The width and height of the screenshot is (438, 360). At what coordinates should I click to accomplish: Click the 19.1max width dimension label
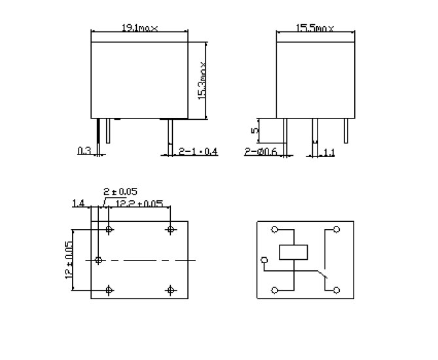coord(139,28)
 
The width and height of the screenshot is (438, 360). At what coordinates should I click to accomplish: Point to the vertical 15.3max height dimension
coord(203,81)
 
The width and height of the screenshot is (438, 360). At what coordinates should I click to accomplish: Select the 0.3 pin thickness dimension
coord(84,151)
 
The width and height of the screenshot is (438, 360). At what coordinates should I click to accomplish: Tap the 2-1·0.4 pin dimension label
coord(198,152)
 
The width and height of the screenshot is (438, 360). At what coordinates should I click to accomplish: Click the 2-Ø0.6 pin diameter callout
coord(261,152)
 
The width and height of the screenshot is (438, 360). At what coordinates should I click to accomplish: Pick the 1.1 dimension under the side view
coord(329,153)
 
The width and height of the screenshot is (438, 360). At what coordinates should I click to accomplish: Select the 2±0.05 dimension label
coord(120,192)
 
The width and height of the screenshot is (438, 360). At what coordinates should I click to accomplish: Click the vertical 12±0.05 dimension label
coord(68,260)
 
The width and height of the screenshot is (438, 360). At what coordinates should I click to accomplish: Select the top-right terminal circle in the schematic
coord(337,230)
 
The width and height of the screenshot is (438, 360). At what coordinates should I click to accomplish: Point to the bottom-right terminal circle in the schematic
coord(337,290)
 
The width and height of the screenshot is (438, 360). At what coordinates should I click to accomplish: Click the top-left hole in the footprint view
coord(109,230)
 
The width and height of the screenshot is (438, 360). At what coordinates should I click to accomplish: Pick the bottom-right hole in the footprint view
coord(170,290)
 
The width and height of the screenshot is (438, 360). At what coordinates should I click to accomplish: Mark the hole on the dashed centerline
coord(98,260)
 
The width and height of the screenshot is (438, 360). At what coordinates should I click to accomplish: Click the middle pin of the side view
coord(314,130)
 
